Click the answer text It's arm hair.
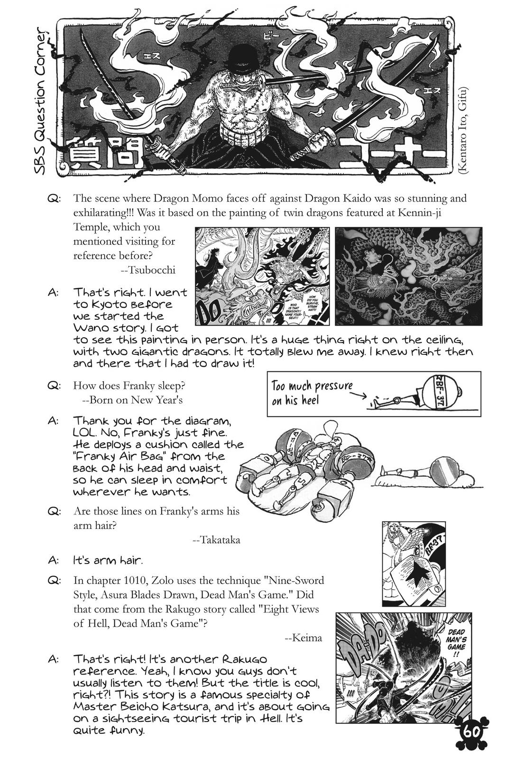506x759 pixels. [108, 560]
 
